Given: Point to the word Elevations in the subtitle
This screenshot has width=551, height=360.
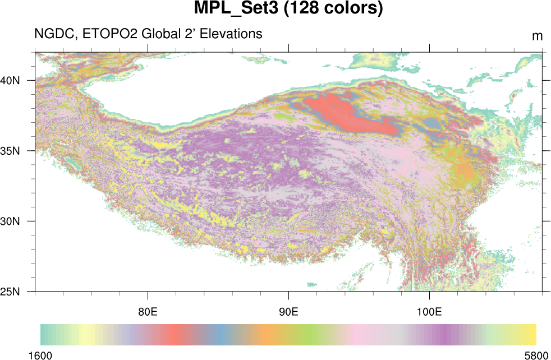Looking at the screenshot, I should (x=232, y=34).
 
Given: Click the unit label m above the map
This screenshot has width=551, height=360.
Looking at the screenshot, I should (x=537, y=36).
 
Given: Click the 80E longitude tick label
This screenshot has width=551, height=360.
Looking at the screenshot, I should (x=148, y=311).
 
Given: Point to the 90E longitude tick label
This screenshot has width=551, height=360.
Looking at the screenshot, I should (x=288, y=311).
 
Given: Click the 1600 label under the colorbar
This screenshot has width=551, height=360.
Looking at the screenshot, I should (x=40, y=354).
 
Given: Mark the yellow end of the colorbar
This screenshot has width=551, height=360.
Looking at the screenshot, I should (x=530, y=334).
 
